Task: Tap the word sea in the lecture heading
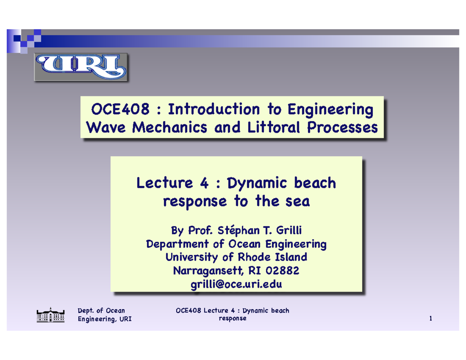tap(297, 202)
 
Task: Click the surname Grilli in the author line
tap(288, 231)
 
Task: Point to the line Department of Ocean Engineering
tap(236, 244)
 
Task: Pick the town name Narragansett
tap(207, 270)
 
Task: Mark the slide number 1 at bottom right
tap(431, 319)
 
